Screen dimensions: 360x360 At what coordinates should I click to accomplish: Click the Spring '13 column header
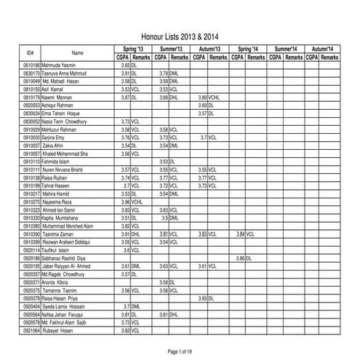pos(132,48)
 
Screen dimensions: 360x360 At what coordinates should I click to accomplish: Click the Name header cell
pos(77,52)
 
